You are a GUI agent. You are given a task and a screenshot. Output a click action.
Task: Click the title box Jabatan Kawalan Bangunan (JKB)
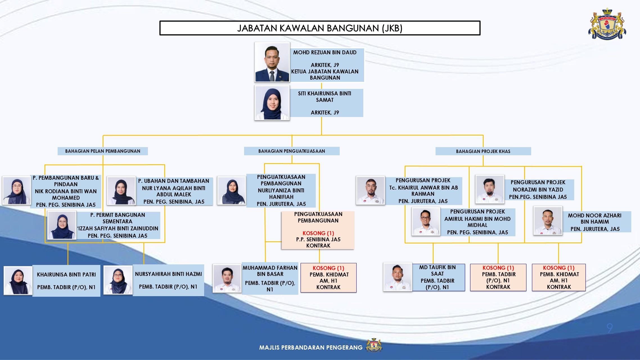pos(320,28)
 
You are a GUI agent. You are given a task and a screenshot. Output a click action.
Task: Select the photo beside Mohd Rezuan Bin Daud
pos(272,62)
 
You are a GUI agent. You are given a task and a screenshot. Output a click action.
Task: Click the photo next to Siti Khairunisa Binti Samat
pos(272,103)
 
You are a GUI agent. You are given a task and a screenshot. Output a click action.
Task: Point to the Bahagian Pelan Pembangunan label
pos(103,151)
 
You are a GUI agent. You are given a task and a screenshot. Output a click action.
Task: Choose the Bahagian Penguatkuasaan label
pos(292,151)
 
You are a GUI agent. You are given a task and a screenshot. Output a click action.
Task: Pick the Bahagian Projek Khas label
pos(483,151)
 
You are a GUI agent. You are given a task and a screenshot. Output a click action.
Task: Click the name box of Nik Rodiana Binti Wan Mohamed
pos(66,191)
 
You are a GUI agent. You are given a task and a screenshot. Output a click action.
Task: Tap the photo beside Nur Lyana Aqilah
pos(121,190)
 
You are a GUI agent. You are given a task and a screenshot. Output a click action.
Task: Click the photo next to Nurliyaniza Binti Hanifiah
pos(232,190)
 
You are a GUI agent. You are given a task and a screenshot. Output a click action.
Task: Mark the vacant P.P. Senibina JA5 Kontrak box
pos(318,230)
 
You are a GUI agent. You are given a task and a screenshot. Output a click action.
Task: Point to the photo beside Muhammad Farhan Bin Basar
pos(227,278)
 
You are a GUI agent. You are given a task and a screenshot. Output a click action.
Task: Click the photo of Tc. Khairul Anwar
pos(370,190)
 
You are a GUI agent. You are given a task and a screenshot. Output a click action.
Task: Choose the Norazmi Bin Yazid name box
pos(538,190)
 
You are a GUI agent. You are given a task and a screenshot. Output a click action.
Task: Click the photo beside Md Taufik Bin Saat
pos(398,277)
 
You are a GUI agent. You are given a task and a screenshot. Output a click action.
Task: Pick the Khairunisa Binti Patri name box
pos(66,281)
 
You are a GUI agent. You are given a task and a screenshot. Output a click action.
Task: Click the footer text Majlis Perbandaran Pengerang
pos(311,348)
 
